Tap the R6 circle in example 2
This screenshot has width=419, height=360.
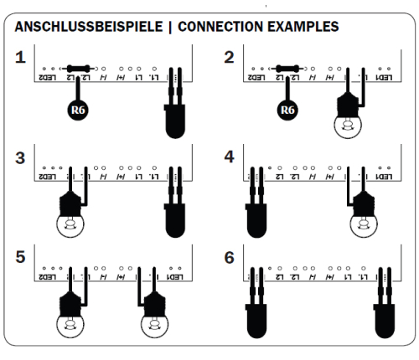(287, 109)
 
